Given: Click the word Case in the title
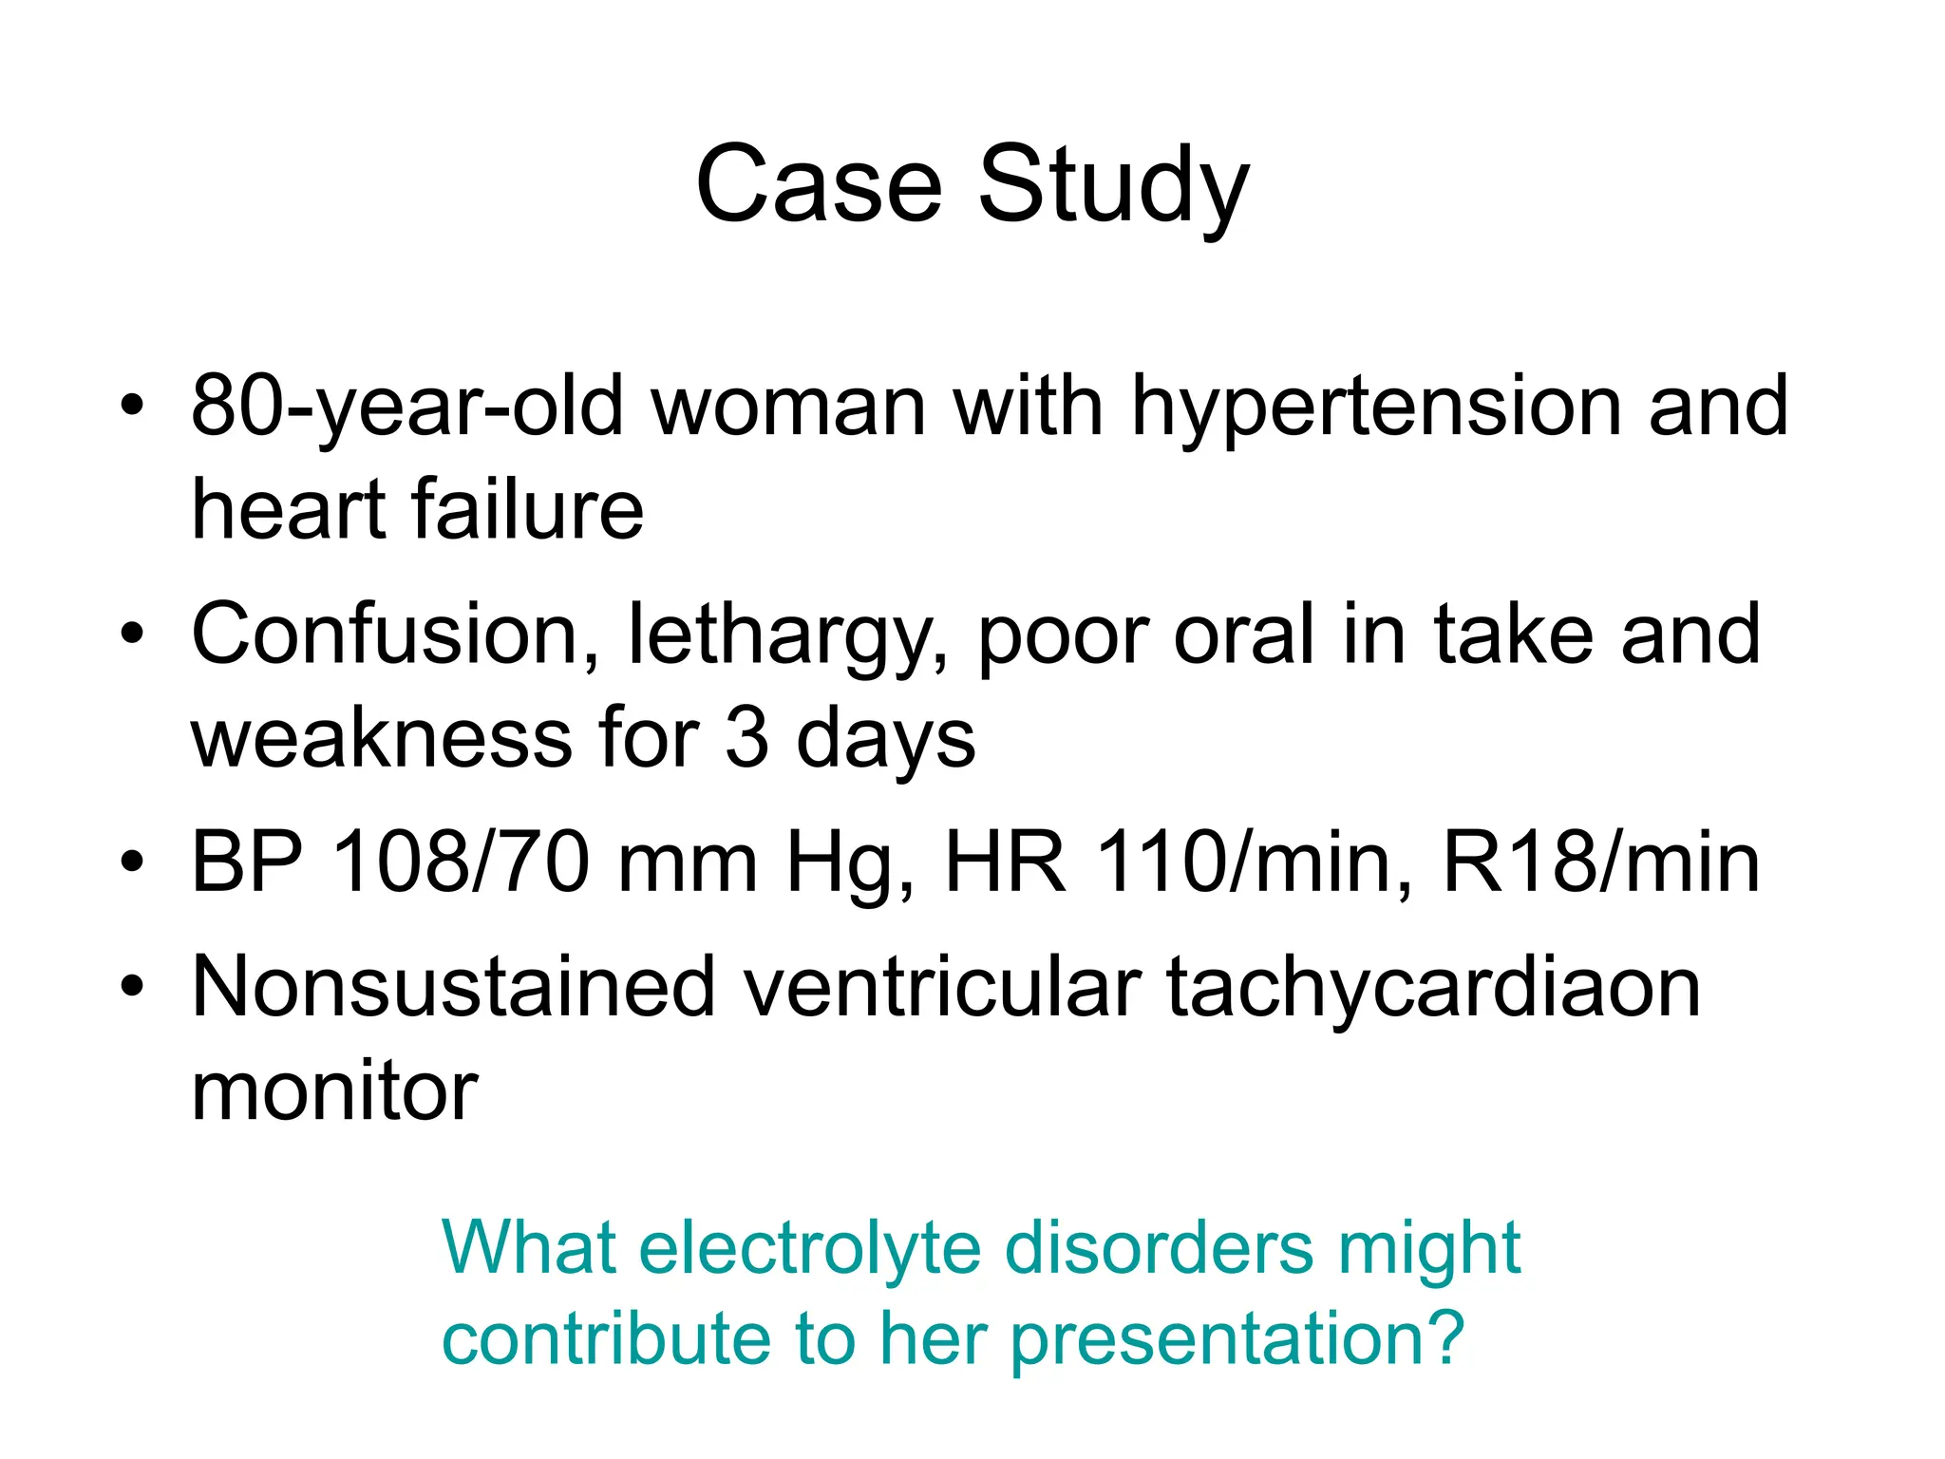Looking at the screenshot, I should (819, 185).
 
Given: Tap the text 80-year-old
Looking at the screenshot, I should (407, 407).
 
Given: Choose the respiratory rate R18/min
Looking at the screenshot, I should (1601, 862).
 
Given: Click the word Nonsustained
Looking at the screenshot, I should (453, 988).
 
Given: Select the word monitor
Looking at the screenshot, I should (334, 1092).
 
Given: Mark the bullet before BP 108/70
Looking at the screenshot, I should (132, 862).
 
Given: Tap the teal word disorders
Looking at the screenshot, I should (1160, 1248).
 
